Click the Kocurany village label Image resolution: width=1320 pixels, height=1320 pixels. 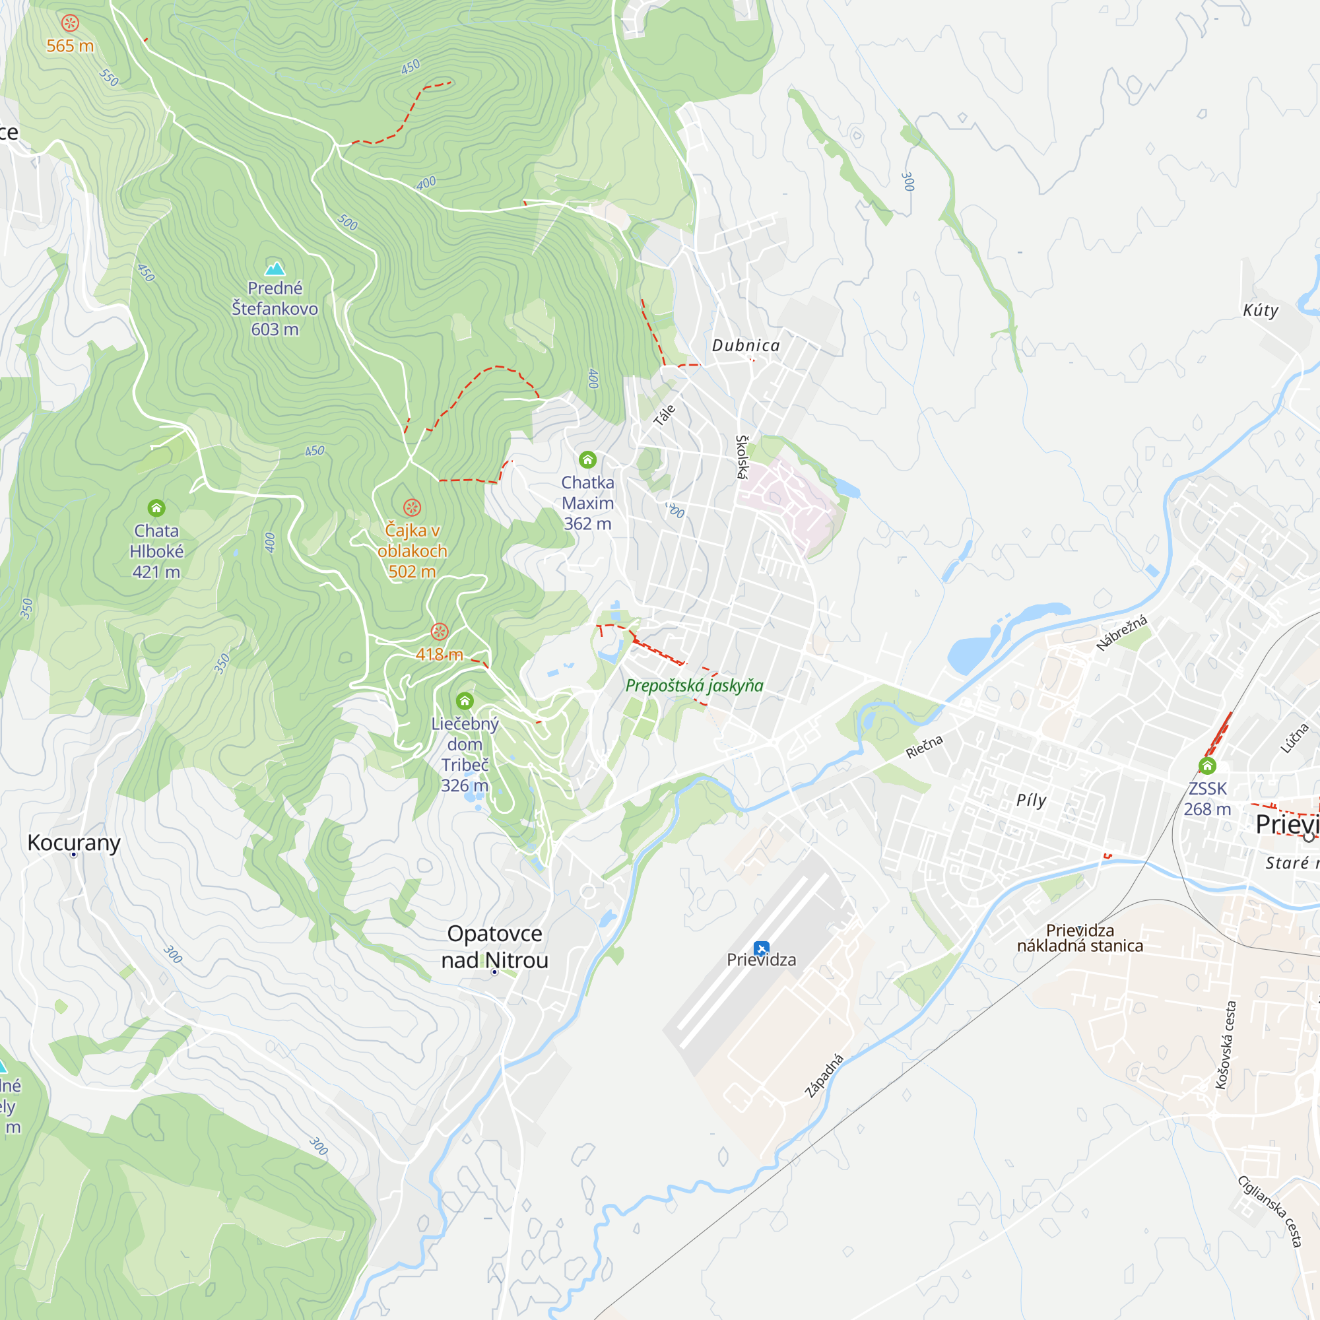(74, 842)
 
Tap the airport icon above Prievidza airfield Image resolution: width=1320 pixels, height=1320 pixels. (761, 948)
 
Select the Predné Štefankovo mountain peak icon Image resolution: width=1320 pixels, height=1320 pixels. (275, 268)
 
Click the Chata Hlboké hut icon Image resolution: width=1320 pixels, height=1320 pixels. (156, 508)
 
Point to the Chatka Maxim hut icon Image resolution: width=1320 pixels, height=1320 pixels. (587, 459)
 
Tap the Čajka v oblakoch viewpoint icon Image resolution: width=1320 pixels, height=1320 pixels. (412, 507)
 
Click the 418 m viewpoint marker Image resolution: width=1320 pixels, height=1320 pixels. (440, 632)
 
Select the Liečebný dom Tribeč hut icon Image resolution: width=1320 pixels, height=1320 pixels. (465, 700)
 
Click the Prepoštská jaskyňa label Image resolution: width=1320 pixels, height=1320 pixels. (694, 685)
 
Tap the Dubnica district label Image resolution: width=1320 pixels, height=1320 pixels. (745, 346)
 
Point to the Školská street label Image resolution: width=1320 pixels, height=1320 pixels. (742, 457)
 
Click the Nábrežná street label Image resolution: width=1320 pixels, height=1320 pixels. (1121, 633)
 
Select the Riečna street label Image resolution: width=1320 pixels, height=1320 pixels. (924, 746)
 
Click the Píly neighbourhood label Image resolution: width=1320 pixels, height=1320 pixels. (1031, 800)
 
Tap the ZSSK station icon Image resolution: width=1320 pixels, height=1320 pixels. (1207, 765)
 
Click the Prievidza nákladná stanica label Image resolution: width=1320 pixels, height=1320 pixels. (1080, 938)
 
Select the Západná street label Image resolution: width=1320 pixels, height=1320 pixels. (824, 1076)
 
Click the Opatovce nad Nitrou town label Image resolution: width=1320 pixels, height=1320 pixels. (494, 946)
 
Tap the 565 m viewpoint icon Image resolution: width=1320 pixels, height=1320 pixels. (70, 23)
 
